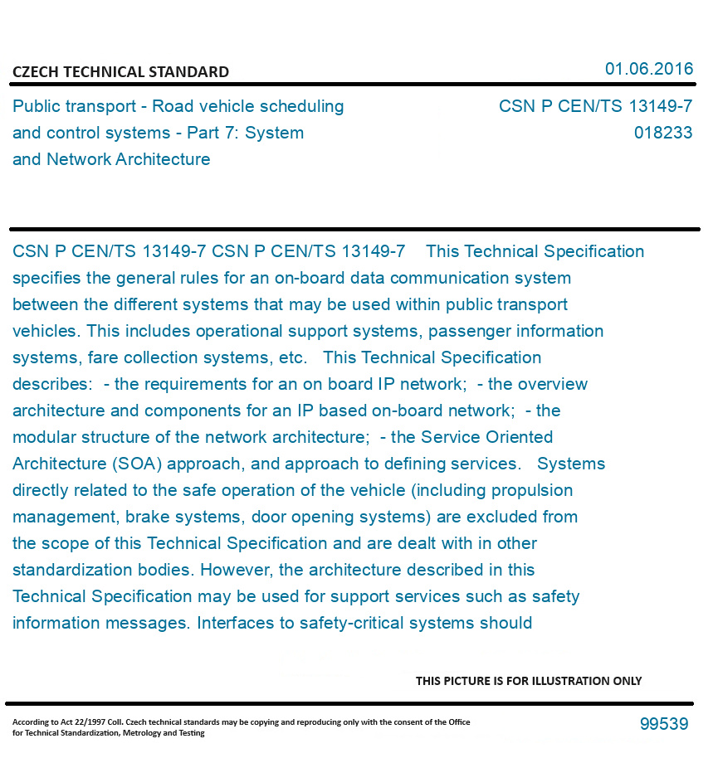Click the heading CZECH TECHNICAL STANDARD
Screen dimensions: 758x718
[x=120, y=72]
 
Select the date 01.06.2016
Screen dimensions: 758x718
[x=649, y=69]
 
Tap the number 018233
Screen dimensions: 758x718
[x=662, y=133]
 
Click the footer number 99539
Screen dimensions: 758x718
[x=664, y=724]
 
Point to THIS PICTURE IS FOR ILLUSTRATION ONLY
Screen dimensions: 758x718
[x=529, y=681]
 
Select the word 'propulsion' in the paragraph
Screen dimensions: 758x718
[x=530, y=490]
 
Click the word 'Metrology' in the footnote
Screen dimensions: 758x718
[x=144, y=732]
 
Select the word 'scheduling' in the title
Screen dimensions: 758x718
[x=302, y=106]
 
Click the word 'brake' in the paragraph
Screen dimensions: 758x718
[x=147, y=517]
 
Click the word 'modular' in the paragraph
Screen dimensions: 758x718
[x=45, y=437]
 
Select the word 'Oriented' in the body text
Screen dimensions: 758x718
[x=520, y=437]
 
